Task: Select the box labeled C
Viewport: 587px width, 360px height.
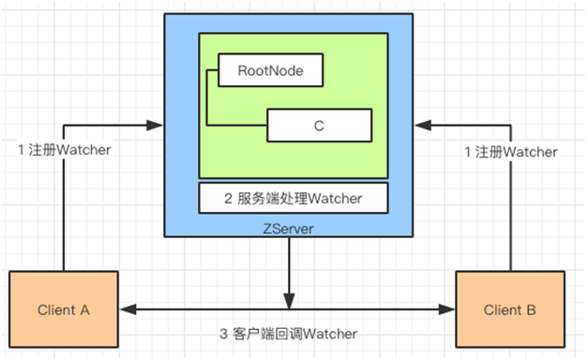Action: [319, 125]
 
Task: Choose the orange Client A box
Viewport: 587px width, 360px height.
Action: [64, 309]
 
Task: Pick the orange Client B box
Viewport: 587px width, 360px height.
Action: [509, 309]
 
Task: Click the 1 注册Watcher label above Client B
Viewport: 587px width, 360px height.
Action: [512, 152]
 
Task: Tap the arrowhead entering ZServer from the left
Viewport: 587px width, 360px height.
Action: [157, 124]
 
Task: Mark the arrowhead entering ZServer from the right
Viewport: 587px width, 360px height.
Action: [421, 124]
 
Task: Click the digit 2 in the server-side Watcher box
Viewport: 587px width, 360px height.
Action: [229, 198]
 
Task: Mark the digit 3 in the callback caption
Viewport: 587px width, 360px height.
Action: [222, 335]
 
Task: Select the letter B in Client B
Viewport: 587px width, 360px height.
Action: [530, 309]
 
